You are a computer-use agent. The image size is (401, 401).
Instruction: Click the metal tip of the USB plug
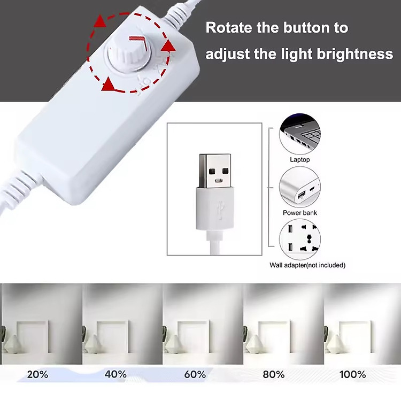[217, 170]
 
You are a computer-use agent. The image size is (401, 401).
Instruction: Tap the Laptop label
[299, 159]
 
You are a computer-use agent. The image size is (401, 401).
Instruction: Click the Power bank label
[299, 213]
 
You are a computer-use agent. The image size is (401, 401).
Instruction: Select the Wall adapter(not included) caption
[307, 265]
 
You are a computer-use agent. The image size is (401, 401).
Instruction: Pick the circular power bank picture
[299, 187]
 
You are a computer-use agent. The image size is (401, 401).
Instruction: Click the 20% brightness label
[37, 374]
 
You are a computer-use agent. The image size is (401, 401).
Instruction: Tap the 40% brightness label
[115, 374]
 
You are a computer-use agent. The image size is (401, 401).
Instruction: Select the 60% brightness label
[195, 374]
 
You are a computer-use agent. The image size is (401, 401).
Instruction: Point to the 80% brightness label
[274, 374]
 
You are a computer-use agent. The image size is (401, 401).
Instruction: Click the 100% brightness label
[352, 374]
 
